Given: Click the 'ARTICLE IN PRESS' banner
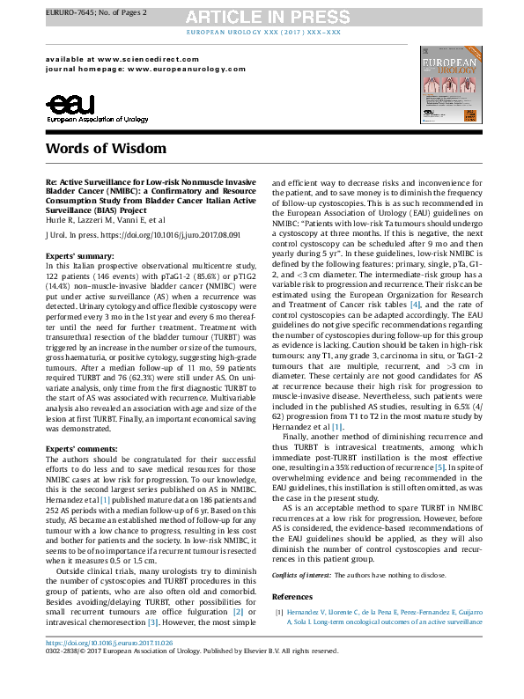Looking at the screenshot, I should pos(261,16).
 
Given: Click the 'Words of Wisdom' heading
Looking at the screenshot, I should pos(101,150).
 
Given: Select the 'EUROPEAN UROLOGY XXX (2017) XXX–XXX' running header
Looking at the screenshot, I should pos(261,32).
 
